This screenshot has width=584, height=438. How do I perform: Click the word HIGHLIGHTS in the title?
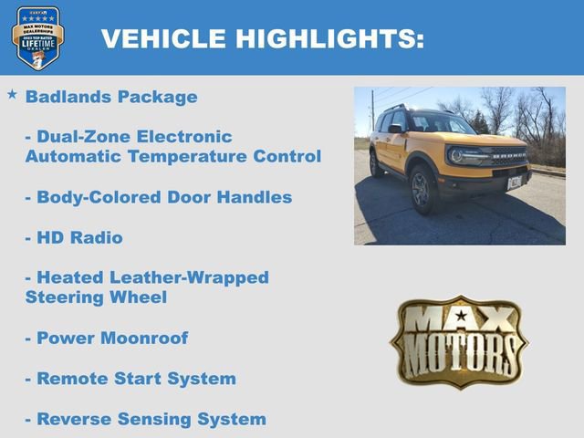point(329,38)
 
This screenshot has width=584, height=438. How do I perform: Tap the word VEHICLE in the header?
point(163,38)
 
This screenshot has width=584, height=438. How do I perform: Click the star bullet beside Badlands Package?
point(12,95)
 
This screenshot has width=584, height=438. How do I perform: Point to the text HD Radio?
point(74,237)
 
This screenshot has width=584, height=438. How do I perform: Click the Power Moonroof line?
point(107,338)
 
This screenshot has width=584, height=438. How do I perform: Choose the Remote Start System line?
point(130,378)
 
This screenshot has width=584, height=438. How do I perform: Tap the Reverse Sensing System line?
point(146,419)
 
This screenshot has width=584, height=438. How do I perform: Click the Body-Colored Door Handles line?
point(159,197)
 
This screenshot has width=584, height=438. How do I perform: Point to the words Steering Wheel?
point(96,297)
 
